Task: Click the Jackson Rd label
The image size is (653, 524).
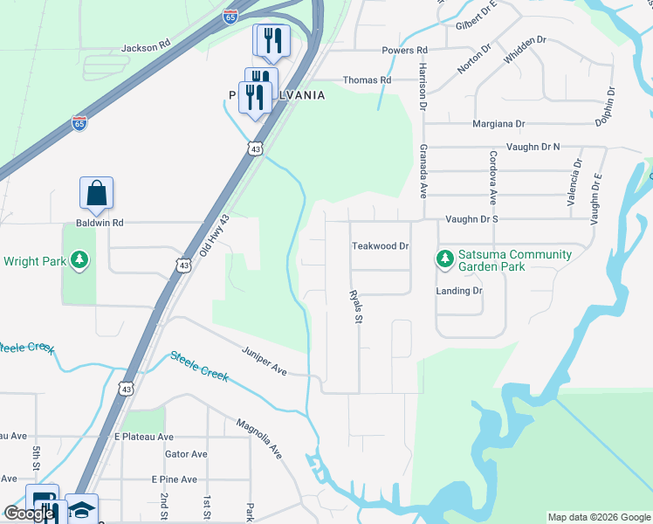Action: click(x=145, y=48)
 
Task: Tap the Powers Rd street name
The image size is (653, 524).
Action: click(x=403, y=51)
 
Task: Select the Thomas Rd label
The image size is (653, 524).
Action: click(x=367, y=79)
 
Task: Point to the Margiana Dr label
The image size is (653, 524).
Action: click(x=498, y=124)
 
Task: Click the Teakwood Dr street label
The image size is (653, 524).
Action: click(x=380, y=246)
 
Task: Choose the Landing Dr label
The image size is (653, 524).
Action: click(x=459, y=290)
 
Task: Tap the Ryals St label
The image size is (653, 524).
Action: click(x=355, y=307)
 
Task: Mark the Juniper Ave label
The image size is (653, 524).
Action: click(x=265, y=360)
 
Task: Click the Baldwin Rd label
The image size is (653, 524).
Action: click(x=100, y=223)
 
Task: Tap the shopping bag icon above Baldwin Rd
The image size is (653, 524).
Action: click(x=96, y=194)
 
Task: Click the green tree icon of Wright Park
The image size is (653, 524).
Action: click(x=79, y=260)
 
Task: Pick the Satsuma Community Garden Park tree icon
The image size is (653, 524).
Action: click(x=445, y=259)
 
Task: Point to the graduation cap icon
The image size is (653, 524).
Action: click(x=81, y=509)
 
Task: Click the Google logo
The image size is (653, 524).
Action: click(x=29, y=514)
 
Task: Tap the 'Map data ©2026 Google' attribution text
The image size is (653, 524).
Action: click(x=598, y=517)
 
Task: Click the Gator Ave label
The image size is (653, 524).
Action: click(x=186, y=454)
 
